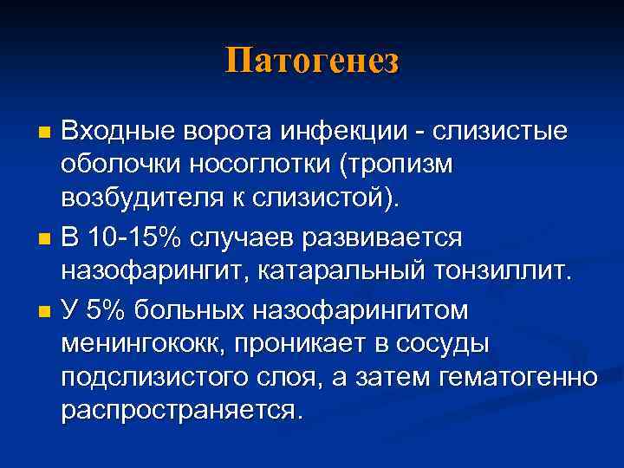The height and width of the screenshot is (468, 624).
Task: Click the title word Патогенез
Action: pyautogui.click(x=312, y=62)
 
